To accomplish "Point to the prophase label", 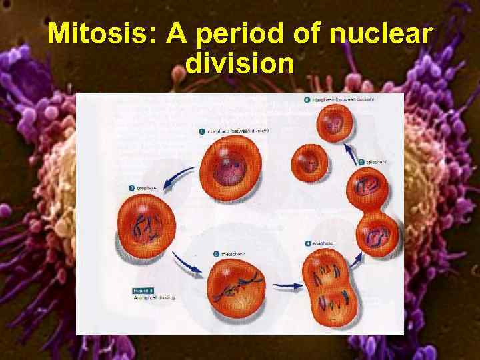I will click(147, 189).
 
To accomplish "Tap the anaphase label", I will click(320, 244).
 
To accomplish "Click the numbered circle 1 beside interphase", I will click(202, 131).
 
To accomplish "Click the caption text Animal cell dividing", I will click(155, 298).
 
